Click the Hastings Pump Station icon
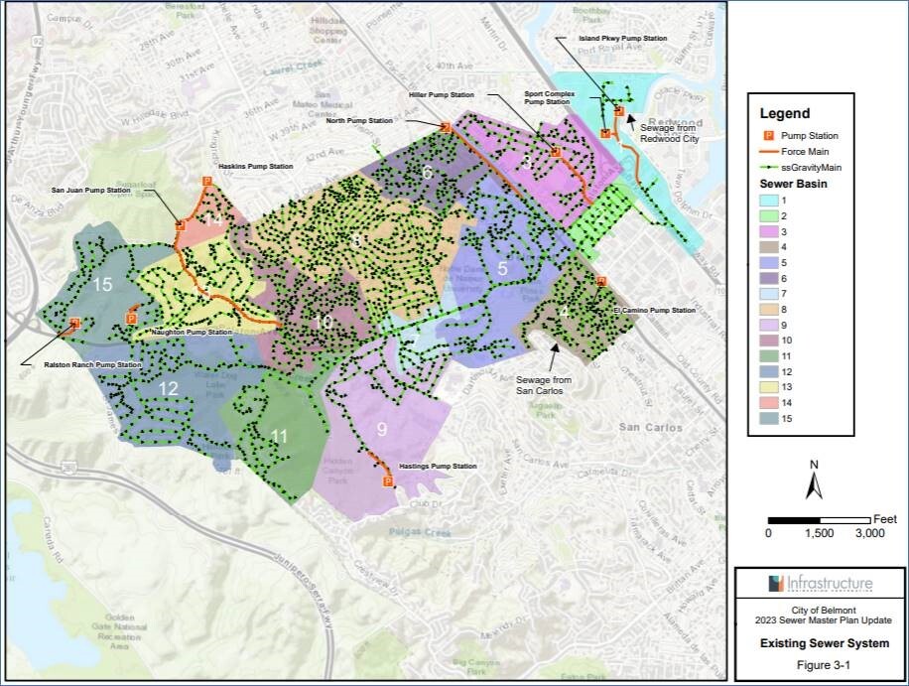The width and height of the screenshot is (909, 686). pos(387,481)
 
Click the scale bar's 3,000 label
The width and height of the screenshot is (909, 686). pos(869,533)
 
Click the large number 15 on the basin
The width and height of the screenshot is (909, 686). pos(102,284)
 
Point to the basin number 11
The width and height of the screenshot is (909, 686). pos(279,435)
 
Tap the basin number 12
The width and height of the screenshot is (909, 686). pos(168,387)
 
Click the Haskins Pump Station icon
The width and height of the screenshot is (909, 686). pos(206,181)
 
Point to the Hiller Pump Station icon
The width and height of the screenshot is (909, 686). pos(447,127)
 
